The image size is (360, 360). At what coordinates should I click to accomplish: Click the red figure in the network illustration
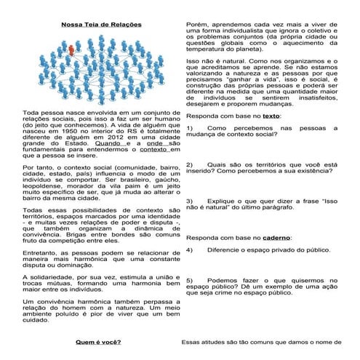71,50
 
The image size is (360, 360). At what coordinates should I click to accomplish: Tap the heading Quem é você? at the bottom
97,341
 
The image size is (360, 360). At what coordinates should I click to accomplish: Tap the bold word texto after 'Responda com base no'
271,115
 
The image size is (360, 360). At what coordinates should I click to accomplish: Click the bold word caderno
276,238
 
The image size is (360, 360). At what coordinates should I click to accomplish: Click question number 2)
191,165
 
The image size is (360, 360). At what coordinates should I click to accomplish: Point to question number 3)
191,200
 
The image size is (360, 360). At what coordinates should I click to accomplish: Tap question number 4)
191,250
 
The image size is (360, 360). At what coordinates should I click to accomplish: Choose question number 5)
191,280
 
